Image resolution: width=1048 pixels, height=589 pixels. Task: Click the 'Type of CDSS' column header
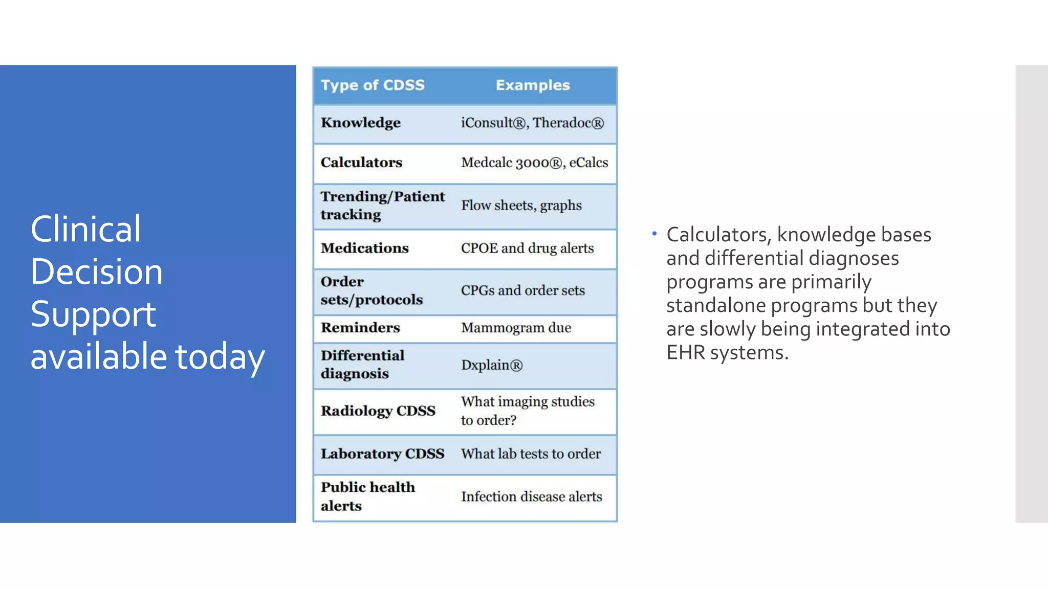373,85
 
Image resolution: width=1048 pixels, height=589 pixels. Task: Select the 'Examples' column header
533,85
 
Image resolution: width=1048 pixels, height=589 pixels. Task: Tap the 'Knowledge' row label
361,123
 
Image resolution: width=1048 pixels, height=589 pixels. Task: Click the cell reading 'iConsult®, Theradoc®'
532,123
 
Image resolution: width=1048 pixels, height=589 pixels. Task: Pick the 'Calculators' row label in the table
361,163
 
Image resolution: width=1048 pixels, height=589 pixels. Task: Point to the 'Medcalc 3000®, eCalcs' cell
534,163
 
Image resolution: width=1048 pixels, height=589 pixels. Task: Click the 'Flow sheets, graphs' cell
521,206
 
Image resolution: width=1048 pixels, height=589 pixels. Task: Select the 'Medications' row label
364,248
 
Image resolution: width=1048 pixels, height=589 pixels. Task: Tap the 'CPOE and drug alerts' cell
527,248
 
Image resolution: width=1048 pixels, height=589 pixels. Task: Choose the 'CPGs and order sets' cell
522,290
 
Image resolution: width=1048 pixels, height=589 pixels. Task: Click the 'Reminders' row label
360,328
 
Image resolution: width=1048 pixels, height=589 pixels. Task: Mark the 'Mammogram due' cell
516,328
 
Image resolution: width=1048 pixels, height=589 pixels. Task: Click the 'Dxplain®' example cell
491,365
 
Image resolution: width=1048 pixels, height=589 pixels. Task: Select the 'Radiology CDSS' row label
378,411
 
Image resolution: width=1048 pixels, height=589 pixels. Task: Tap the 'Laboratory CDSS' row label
382,454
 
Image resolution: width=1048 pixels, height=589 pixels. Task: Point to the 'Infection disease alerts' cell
531,497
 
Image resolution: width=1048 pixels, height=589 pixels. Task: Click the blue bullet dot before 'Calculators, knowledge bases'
654,234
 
